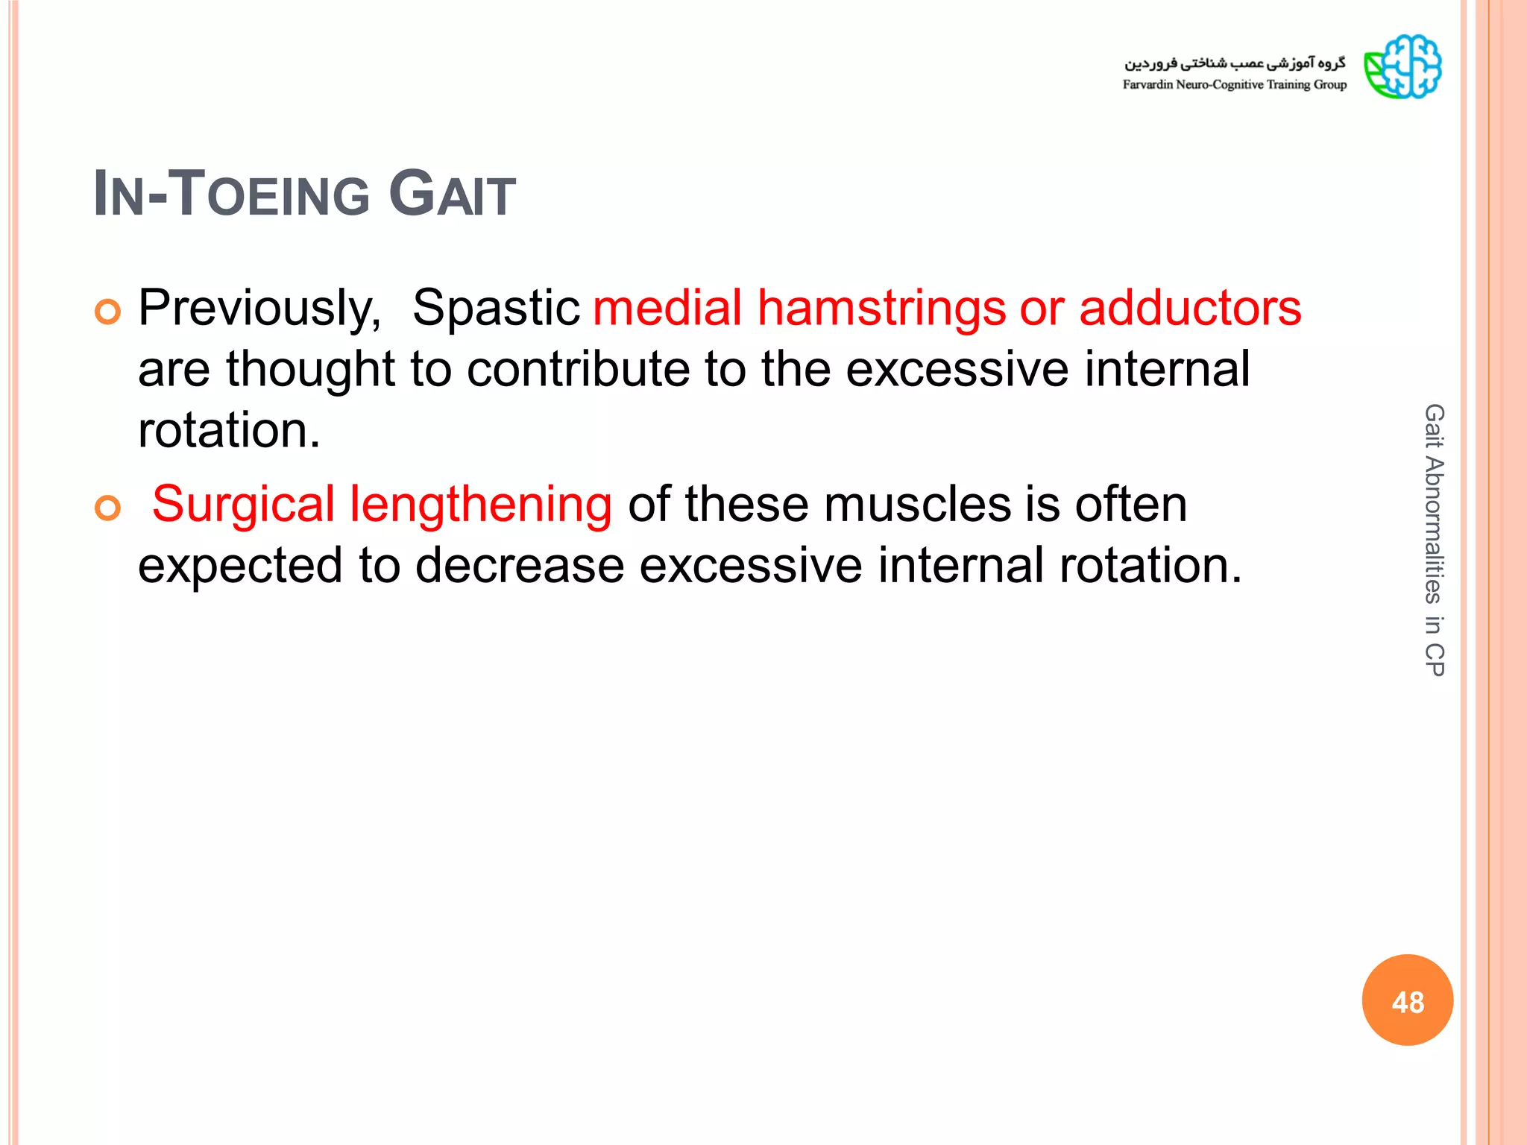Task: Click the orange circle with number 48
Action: pos(1407,1000)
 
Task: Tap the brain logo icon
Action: pos(1402,66)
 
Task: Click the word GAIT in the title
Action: pos(452,195)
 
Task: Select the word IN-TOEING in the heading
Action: pos(231,195)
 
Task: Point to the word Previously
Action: pos(259,308)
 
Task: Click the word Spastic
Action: pos(496,308)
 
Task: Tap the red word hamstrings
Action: pos(881,308)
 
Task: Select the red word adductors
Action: pos(1190,308)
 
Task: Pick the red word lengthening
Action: pos(481,505)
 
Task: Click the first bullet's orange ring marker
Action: pos(108,312)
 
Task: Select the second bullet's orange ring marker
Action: pos(108,509)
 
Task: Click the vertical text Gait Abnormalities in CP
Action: pos(1433,540)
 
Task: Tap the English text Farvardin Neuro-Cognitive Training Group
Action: pos(1234,85)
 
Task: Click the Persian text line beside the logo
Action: pos(1234,63)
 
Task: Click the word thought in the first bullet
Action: pos(310,369)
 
